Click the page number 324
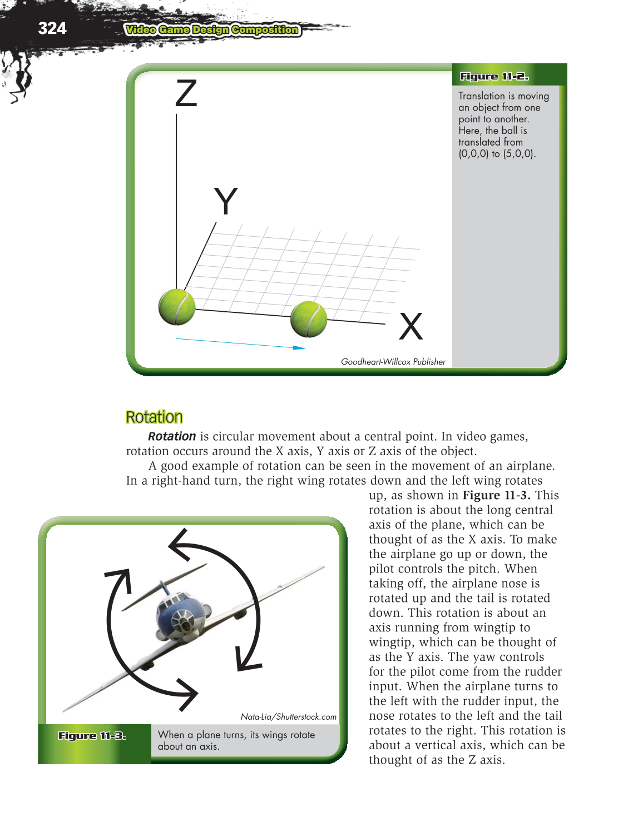pyautogui.click(x=52, y=28)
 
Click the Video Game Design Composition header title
pyautogui.click(x=212, y=30)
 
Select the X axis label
pyautogui.click(x=411, y=326)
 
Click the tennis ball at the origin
pyautogui.click(x=177, y=306)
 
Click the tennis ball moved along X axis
pyautogui.click(x=309, y=319)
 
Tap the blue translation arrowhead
pyautogui.click(x=299, y=348)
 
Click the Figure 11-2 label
pyautogui.click(x=494, y=76)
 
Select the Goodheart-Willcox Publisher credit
pyautogui.click(x=393, y=361)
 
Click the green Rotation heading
pyautogui.click(x=154, y=417)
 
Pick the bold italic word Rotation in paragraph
pyautogui.click(x=172, y=436)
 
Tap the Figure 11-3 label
pyautogui.click(x=92, y=736)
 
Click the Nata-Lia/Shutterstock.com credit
pyautogui.click(x=288, y=717)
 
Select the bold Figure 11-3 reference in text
pyautogui.click(x=496, y=495)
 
